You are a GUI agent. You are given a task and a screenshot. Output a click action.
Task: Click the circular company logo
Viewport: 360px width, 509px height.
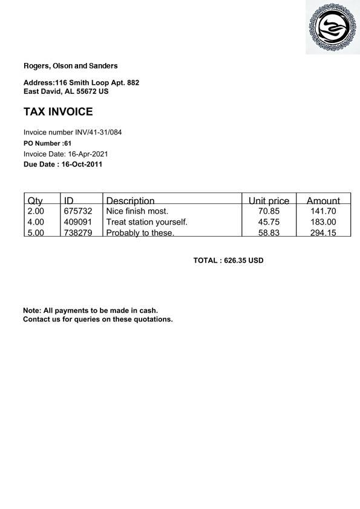[x=332, y=27]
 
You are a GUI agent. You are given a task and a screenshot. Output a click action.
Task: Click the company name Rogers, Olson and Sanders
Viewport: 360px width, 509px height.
[x=70, y=66]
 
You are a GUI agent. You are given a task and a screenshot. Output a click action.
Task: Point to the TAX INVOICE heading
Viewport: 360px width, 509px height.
[x=58, y=112]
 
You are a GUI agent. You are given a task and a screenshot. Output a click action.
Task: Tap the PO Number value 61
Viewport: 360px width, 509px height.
[x=68, y=143]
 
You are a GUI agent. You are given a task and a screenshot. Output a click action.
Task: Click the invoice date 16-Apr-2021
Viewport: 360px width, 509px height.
[x=88, y=154]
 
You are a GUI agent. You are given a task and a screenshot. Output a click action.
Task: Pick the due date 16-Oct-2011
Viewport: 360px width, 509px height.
[x=82, y=164]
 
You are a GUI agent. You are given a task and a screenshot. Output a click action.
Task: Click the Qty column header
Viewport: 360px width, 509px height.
[x=35, y=200]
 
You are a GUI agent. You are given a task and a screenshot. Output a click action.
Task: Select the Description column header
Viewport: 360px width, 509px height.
[x=130, y=200]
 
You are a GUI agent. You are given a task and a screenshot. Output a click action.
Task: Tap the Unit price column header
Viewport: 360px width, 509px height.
[x=269, y=200]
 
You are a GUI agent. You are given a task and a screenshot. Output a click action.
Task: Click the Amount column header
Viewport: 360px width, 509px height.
[x=323, y=200]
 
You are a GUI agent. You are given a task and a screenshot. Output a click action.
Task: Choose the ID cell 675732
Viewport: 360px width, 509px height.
[x=78, y=211]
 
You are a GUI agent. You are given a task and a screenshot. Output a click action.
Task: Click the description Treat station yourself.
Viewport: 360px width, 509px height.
[x=146, y=222]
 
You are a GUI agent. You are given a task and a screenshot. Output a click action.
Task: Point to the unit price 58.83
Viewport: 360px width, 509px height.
[x=269, y=233]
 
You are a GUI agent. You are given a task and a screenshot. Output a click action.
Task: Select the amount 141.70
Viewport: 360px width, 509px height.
[x=323, y=211]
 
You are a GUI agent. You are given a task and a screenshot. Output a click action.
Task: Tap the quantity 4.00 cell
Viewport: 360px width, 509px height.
[x=36, y=222]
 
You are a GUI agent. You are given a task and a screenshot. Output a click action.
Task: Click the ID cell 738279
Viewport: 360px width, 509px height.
[x=78, y=233]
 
